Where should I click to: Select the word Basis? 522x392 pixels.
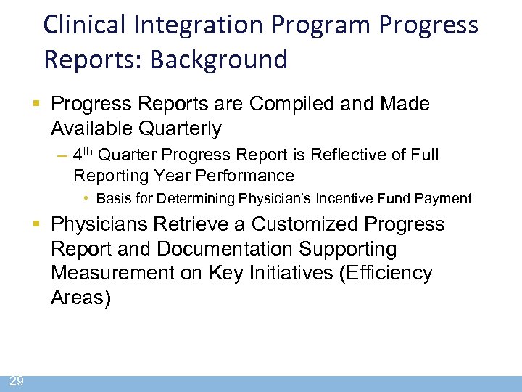[112, 198]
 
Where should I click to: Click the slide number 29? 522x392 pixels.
[16, 381]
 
